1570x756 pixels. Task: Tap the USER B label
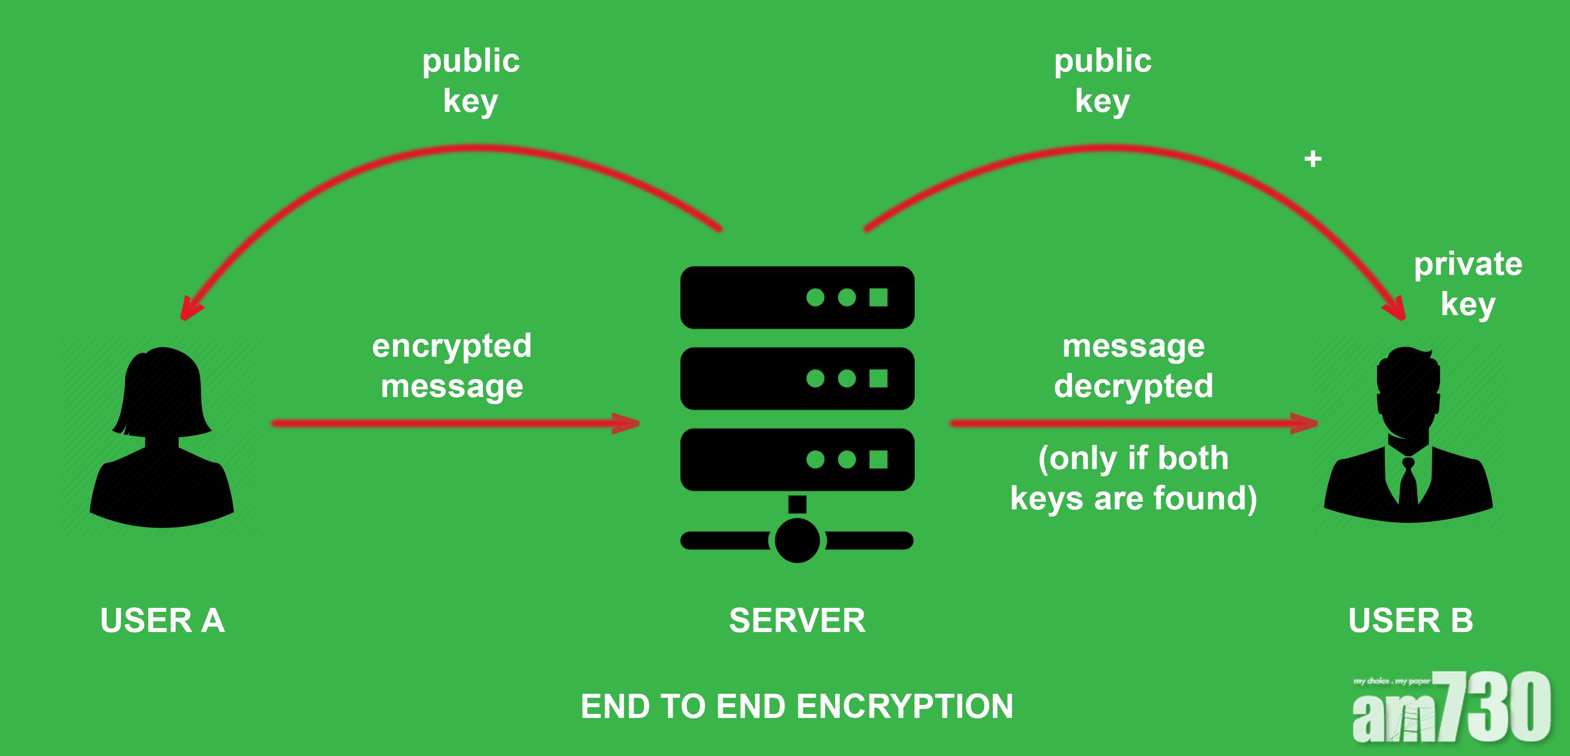[x=1410, y=621]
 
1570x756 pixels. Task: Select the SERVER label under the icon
[x=797, y=621]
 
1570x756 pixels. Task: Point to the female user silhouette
[x=162, y=439]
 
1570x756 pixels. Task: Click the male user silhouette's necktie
[x=1408, y=482]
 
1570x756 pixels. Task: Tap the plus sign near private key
[x=1313, y=159]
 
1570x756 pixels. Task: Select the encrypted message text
[x=452, y=366]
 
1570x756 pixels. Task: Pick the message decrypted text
[x=1134, y=366]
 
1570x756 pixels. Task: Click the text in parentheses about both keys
[x=1134, y=478]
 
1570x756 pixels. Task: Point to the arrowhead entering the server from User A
[x=628, y=423]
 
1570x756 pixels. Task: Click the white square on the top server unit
[x=878, y=298]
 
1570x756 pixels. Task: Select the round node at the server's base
[x=797, y=540]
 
